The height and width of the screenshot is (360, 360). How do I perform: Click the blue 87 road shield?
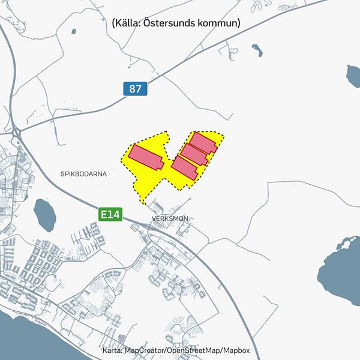(136, 89)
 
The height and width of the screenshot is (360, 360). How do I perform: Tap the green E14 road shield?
(111, 214)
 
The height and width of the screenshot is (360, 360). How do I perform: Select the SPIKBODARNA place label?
(83, 174)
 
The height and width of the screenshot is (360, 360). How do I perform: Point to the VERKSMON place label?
(170, 219)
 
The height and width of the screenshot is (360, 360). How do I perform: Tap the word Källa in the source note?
(130, 23)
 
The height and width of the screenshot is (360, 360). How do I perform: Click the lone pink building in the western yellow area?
(146, 157)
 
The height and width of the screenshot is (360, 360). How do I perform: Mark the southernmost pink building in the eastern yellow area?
(185, 167)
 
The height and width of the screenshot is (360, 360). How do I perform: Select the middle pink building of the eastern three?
(194, 155)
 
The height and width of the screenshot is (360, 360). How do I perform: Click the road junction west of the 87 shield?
(15, 128)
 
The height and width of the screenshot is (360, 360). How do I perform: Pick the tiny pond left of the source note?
(74, 31)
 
